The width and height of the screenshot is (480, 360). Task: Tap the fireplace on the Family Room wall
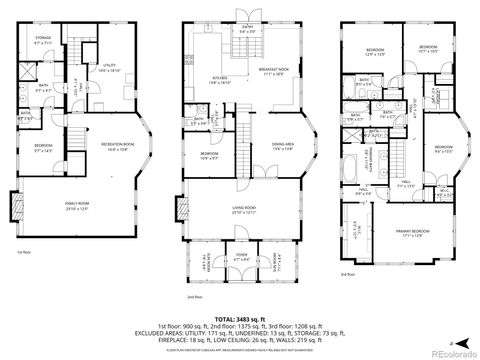(x=15, y=207)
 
